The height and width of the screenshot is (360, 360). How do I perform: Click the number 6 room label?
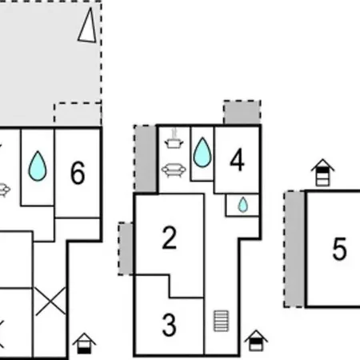(x=78, y=173)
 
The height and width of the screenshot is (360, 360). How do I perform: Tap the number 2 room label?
(x=170, y=238)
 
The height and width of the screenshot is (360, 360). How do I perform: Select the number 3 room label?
(x=170, y=325)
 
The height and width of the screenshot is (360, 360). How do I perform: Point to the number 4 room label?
(x=237, y=159)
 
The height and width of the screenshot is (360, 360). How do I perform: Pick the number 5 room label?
(x=339, y=249)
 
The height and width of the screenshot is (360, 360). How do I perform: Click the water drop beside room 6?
(x=38, y=166)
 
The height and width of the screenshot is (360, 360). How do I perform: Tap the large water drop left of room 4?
(x=202, y=152)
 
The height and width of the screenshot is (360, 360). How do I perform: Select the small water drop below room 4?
(x=243, y=205)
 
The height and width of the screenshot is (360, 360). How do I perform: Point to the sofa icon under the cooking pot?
(x=174, y=170)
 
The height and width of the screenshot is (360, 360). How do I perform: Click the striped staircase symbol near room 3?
(x=222, y=321)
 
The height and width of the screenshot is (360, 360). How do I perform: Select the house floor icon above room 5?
(x=322, y=173)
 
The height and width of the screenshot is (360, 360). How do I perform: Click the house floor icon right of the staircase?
(x=256, y=340)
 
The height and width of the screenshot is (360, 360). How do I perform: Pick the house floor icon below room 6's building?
(x=84, y=343)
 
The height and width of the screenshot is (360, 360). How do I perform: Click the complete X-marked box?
(x=50, y=302)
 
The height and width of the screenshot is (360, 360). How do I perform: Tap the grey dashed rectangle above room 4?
(x=242, y=112)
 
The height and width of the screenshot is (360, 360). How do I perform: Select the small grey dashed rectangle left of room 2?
(x=126, y=249)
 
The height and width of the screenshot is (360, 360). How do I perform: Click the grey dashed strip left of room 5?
(x=295, y=249)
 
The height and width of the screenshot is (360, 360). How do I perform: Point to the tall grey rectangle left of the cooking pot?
(x=146, y=158)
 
